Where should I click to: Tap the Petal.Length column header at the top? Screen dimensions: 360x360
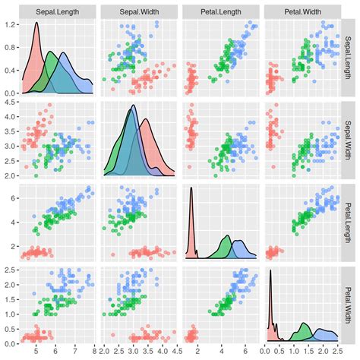click(219, 12)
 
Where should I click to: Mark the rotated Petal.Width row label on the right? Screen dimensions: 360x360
click(352, 304)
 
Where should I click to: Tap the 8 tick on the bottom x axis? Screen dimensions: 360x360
click(93, 352)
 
